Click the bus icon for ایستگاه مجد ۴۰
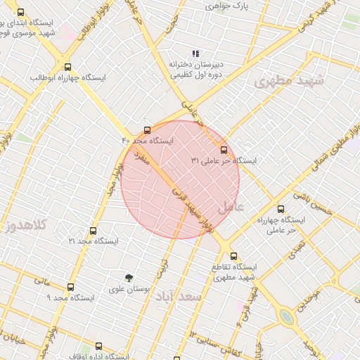pyautogui.click(x=147, y=130)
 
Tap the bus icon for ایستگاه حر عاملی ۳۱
pyautogui.click(x=224, y=150)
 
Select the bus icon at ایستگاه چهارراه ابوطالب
pyautogui.click(x=66, y=67)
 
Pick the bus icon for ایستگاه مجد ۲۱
pyautogui.click(x=92, y=231)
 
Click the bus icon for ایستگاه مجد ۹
pyautogui.click(x=70, y=287)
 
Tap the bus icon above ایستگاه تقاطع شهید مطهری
pyautogui.click(x=234, y=257)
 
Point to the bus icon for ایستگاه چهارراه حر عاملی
pyautogui.click(x=281, y=209)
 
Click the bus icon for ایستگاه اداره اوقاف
pyautogui.click(x=98, y=346)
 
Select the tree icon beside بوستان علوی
pyautogui.click(x=129, y=278)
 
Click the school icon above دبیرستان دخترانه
pyautogui.click(x=196, y=53)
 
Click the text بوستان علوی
pyautogui.click(x=127, y=289)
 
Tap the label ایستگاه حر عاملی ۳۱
pyautogui.click(x=224, y=161)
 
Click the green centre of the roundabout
pyautogui.click(x=286, y=317)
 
